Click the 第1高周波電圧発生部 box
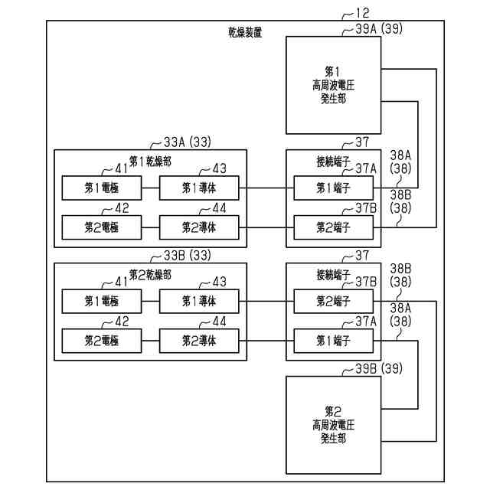click(x=333, y=87)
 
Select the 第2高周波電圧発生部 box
click(x=333, y=426)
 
